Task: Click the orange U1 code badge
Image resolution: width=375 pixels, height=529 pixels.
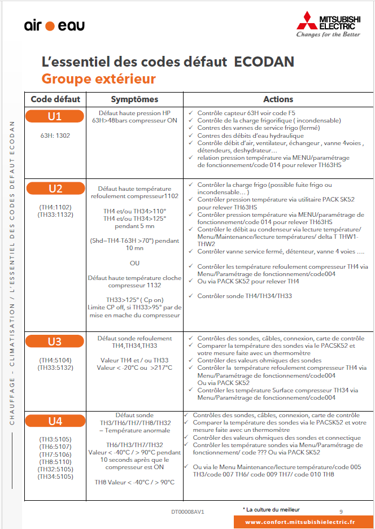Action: (x=55, y=117)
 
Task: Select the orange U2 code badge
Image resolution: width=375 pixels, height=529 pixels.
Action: (x=55, y=189)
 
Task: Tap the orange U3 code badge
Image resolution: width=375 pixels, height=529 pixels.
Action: (x=55, y=342)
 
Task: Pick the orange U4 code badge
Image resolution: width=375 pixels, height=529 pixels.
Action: (x=55, y=421)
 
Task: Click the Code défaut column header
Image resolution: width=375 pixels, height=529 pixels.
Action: (x=55, y=99)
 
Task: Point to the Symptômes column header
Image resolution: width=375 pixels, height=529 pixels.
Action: (x=134, y=99)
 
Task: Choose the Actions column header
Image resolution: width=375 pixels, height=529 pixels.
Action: (x=278, y=99)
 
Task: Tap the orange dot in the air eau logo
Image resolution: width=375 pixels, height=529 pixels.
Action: (x=50, y=26)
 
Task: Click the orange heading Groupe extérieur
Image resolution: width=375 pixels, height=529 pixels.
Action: (x=98, y=78)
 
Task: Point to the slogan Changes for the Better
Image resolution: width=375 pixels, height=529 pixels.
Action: (x=328, y=34)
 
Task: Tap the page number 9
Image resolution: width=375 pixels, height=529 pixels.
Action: (x=341, y=511)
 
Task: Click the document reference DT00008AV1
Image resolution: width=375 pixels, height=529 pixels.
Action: (x=187, y=512)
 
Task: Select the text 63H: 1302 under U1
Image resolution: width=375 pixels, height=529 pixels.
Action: (x=55, y=136)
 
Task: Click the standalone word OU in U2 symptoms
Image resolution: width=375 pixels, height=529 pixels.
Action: (x=134, y=263)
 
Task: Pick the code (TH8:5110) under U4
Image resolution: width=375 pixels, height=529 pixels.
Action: (x=55, y=461)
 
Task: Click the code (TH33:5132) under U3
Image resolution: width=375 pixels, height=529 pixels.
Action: (x=55, y=368)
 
